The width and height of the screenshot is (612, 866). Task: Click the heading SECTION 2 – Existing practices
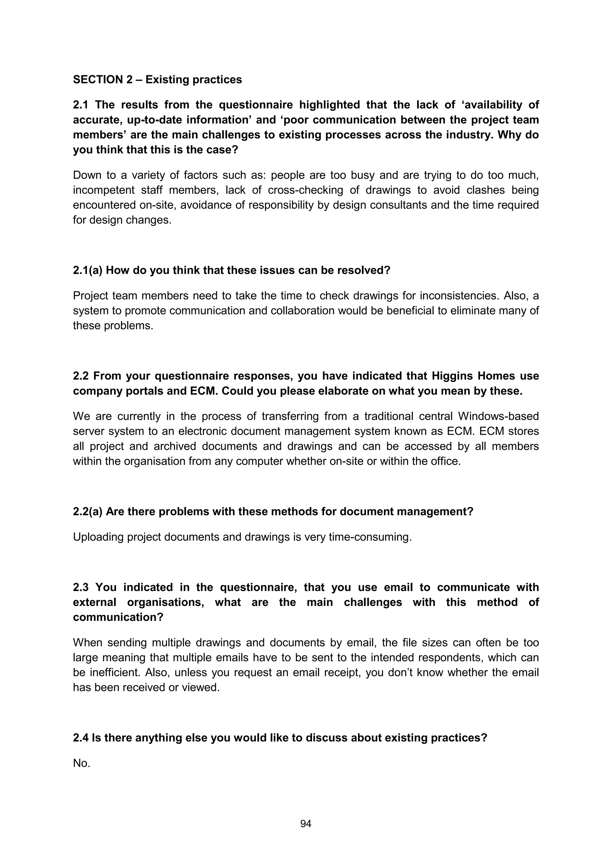pos(157,79)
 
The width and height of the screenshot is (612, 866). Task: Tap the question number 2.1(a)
pos(88,270)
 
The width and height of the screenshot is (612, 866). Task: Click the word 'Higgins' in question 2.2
pos(452,376)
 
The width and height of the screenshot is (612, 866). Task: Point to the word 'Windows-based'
pos(498,416)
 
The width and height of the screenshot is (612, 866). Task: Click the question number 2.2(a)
pos(88,512)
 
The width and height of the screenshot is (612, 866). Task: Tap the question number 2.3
pos(81,587)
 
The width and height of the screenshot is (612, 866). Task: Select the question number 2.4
pos(81,738)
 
